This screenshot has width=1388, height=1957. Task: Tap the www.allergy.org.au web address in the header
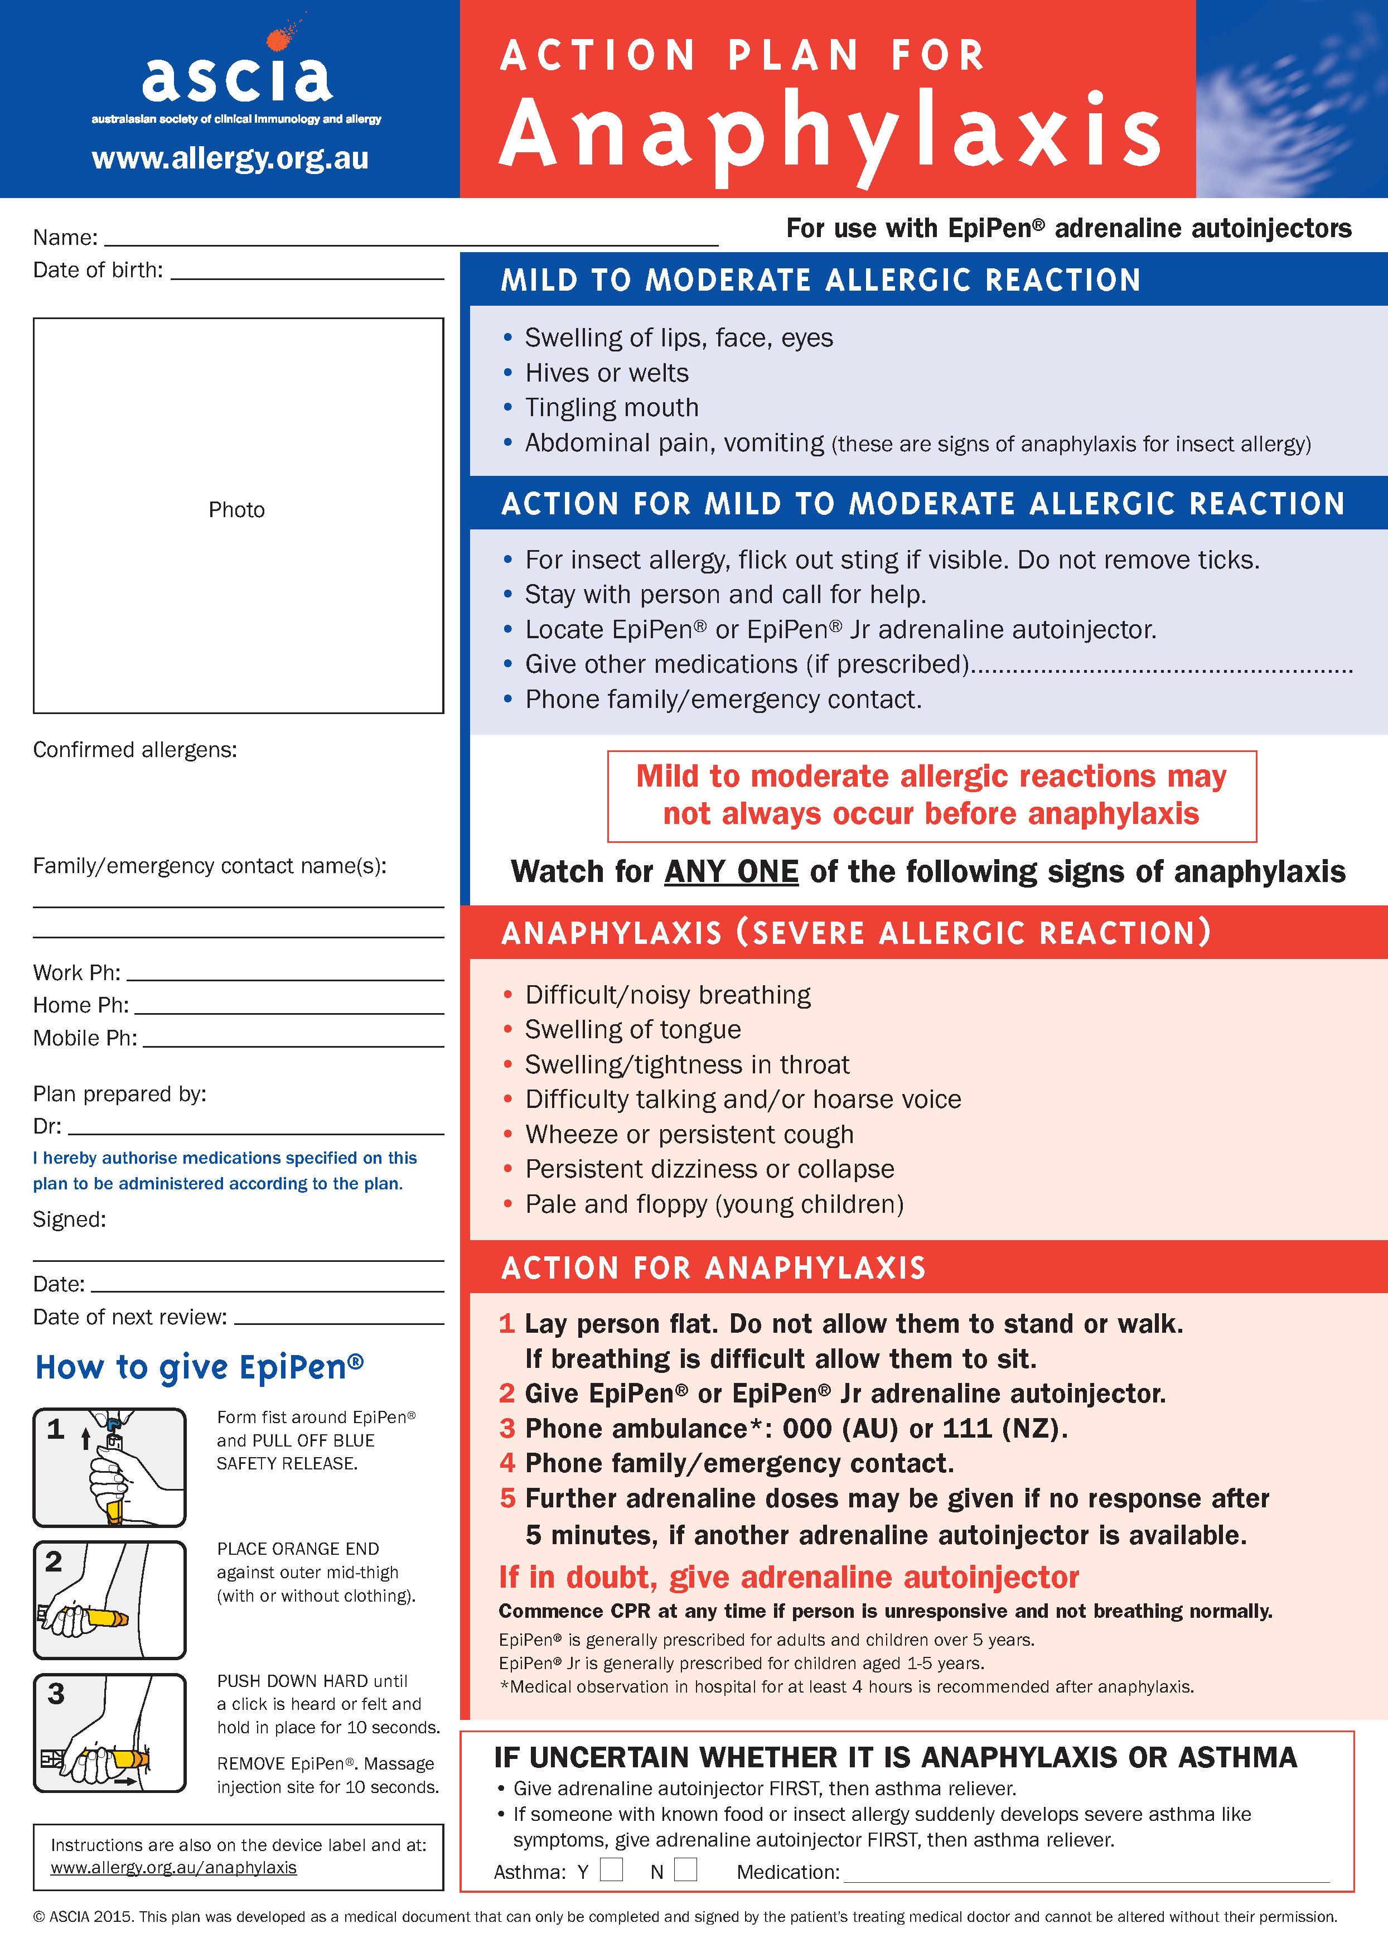[230, 158]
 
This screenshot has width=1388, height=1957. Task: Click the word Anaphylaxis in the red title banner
[829, 133]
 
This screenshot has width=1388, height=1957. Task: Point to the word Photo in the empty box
[237, 510]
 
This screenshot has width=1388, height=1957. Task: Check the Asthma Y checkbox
[611, 1870]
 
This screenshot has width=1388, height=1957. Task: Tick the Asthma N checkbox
[685, 1870]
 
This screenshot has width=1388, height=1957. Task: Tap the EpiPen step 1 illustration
[109, 1467]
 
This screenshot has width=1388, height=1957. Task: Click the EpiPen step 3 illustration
[109, 1732]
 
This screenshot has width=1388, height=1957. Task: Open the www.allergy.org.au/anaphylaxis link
[173, 1868]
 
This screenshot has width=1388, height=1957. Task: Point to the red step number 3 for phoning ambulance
[507, 1429]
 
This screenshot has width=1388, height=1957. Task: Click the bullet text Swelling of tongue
[632, 1029]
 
